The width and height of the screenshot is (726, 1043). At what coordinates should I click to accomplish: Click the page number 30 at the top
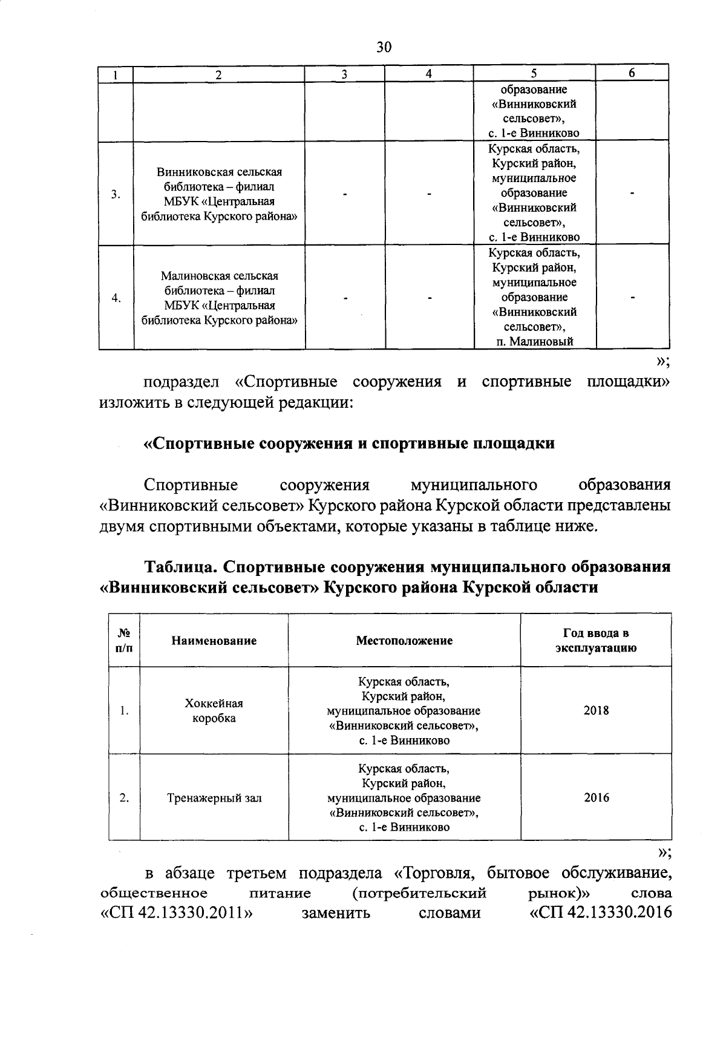click(x=384, y=47)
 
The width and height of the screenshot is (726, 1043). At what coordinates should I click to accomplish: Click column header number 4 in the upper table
click(x=428, y=74)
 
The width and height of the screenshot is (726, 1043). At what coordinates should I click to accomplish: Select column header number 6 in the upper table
click(x=632, y=73)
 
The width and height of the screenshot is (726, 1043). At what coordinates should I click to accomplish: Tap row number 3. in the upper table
click(x=116, y=194)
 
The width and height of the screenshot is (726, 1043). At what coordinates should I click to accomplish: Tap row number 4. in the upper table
click(x=116, y=298)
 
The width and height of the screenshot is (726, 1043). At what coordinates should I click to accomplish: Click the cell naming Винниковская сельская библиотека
click(x=219, y=194)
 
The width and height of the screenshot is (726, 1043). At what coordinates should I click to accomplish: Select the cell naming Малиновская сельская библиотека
click(x=219, y=298)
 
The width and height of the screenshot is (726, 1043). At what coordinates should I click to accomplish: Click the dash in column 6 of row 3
click(x=632, y=194)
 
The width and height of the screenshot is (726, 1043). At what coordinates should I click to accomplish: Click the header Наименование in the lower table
click(x=214, y=641)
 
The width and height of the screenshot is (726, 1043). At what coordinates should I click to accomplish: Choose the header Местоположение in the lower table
click(x=404, y=641)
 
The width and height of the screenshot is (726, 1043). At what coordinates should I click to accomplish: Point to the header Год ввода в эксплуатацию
click(x=596, y=641)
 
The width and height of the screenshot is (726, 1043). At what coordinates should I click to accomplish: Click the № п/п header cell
click(x=124, y=641)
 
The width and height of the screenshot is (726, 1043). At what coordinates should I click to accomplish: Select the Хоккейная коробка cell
click(x=214, y=711)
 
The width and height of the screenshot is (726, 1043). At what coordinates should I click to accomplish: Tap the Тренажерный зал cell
click(x=214, y=798)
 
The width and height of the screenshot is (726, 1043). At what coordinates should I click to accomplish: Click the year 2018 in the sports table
click(x=596, y=711)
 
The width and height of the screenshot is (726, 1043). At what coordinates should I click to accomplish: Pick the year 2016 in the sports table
click(x=596, y=798)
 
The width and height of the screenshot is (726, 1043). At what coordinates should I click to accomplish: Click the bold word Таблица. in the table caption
click(x=180, y=567)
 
